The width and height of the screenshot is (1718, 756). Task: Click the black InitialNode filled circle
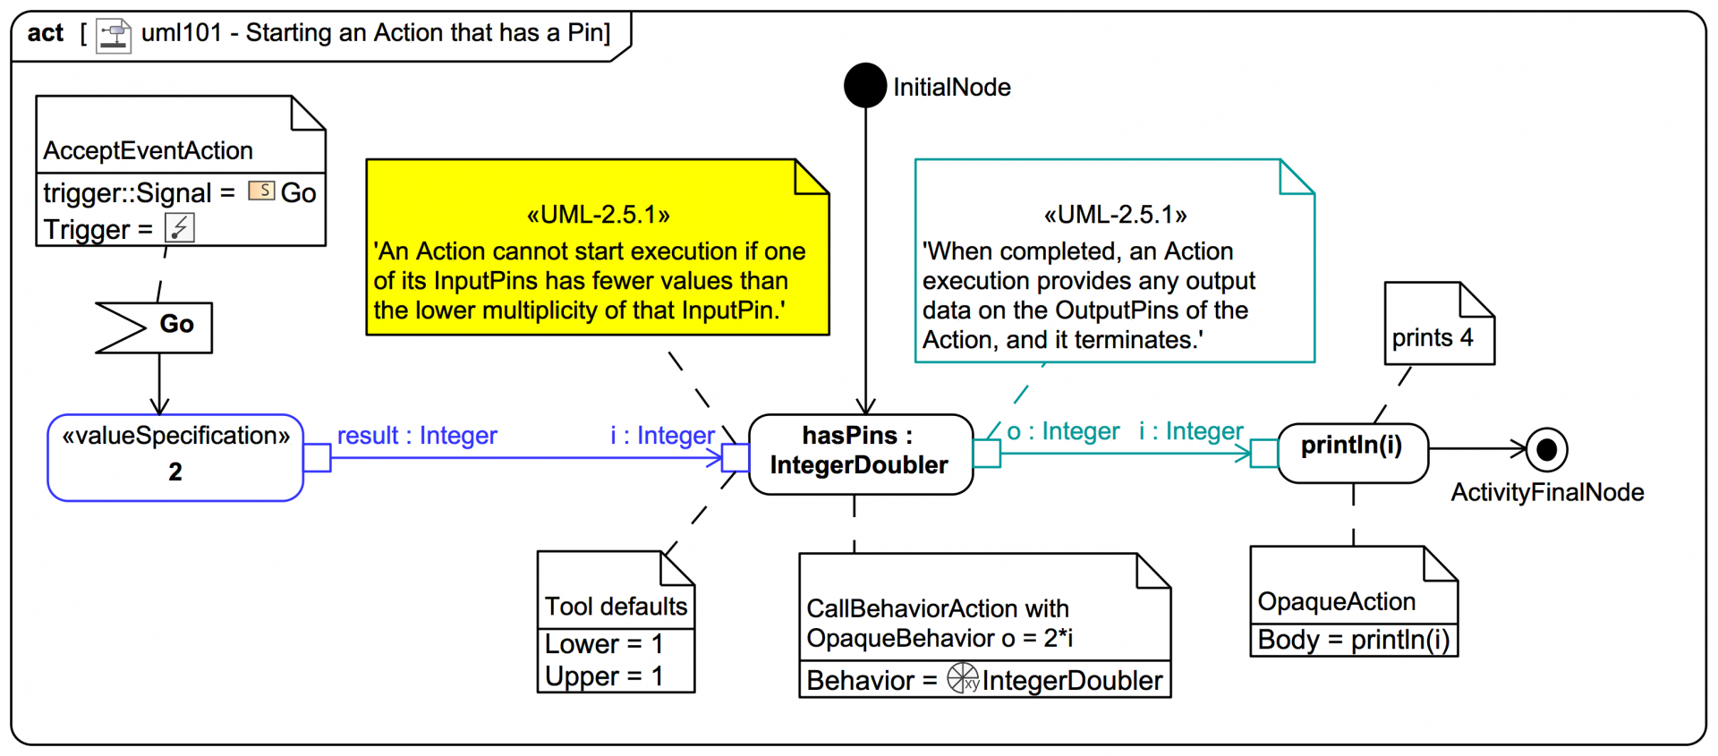point(865,86)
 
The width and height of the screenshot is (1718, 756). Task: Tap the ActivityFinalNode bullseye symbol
point(1546,449)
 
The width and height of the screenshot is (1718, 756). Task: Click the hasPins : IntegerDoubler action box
point(860,454)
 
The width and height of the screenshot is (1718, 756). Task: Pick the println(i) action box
point(1352,453)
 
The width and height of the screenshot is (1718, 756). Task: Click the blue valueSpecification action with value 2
point(175,457)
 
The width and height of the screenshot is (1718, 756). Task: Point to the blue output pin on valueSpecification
point(317,458)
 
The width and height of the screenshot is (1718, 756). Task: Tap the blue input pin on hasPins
point(736,457)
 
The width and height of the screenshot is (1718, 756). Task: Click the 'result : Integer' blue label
point(417,436)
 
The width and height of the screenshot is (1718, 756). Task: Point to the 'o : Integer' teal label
point(1063,432)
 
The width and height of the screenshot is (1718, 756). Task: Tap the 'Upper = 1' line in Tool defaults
point(604,676)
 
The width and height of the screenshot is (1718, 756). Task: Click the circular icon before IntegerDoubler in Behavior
point(964,678)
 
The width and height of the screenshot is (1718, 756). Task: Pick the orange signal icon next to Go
point(261,191)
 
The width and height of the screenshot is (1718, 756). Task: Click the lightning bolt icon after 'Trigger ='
point(180,228)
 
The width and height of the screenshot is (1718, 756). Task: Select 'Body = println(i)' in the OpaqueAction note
point(1353,641)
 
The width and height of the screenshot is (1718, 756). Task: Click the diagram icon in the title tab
point(114,36)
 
